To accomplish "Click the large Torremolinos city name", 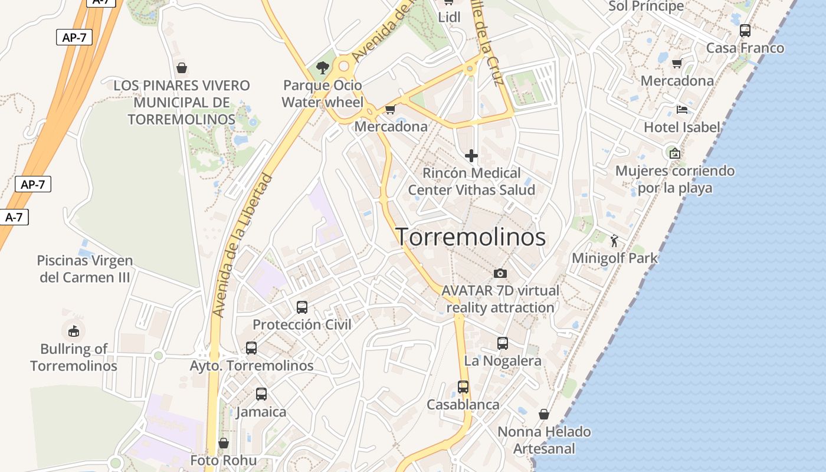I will coord(470,237).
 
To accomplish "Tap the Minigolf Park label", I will coord(614,258).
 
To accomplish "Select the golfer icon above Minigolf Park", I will coord(614,241).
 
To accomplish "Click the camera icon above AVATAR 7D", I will coord(500,273).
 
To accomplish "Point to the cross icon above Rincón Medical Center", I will coord(471,156).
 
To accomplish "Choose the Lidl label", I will coord(449,18).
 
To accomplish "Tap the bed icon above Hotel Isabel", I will coord(682,110).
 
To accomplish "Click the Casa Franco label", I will coord(745,48).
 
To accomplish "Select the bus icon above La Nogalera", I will coord(503,343).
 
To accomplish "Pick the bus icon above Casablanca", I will coord(463,387).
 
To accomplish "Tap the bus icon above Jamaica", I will coord(261,394).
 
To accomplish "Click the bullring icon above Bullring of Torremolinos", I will coord(73,330).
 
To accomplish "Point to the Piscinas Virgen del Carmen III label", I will coord(85,268).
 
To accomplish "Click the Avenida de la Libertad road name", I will coord(242,245).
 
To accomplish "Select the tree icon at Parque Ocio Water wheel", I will coord(322,68).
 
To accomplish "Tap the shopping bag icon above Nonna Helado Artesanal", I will coord(544,414).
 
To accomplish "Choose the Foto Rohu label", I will coord(224,460).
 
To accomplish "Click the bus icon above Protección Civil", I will coord(302,307).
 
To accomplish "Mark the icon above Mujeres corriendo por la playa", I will coord(675,153).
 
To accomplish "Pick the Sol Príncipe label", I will coord(646,6).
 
